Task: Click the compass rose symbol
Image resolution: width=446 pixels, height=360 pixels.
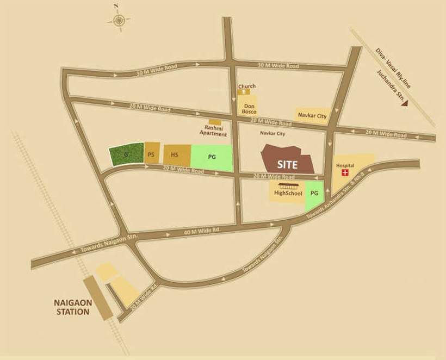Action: [x=119, y=20]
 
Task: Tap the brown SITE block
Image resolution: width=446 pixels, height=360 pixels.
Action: [x=287, y=161]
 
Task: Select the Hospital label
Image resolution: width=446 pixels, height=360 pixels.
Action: [x=345, y=165]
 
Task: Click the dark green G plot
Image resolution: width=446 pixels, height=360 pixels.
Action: [x=126, y=154]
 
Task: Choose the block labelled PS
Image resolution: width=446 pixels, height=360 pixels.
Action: [x=151, y=154]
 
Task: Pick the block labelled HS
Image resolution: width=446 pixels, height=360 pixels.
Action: [x=175, y=155]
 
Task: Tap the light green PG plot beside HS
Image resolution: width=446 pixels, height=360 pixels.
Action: [x=212, y=157]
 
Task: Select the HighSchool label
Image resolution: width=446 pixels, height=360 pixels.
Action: [x=288, y=193]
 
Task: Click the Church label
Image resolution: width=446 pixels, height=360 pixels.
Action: [x=246, y=86]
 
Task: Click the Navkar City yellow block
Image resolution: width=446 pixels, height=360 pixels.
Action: [x=312, y=115]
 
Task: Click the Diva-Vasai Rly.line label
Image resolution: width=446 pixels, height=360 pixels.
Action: [x=393, y=69]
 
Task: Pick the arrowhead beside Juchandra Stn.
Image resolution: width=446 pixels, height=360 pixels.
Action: [x=404, y=107]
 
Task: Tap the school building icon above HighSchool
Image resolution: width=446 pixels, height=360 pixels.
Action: [x=288, y=185]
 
